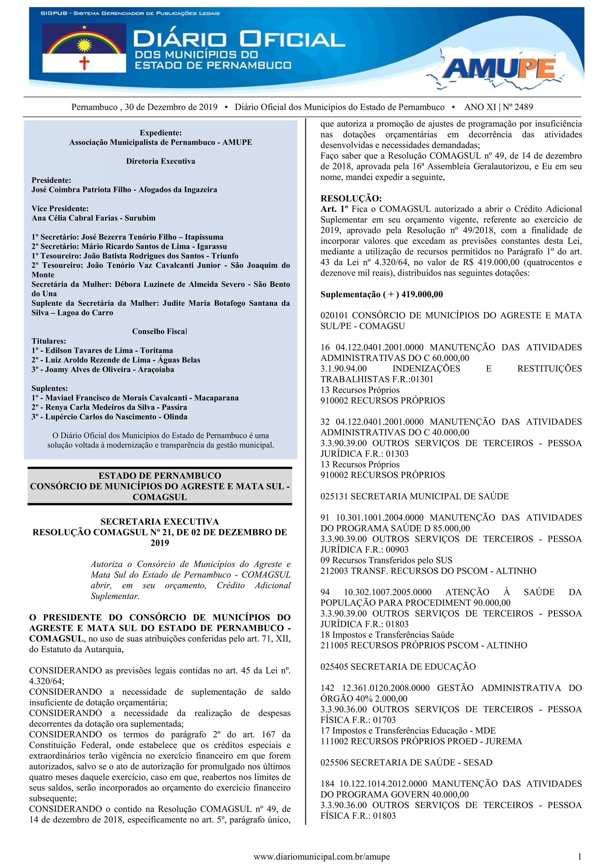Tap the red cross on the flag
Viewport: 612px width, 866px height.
(84, 62)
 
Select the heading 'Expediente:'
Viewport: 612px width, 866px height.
(160, 133)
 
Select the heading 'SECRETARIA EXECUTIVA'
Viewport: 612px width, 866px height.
(159, 521)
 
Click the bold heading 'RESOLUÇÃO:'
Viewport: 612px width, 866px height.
(351, 198)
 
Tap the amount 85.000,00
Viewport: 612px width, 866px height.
(449, 528)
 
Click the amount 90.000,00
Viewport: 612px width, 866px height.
(492, 603)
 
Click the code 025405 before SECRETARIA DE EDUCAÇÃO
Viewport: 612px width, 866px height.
(334, 667)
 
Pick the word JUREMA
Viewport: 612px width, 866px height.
(504, 741)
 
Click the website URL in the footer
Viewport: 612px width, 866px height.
(322, 856)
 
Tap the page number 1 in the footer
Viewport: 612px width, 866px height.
(579, 856)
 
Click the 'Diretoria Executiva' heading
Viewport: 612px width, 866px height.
(160, 161)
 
